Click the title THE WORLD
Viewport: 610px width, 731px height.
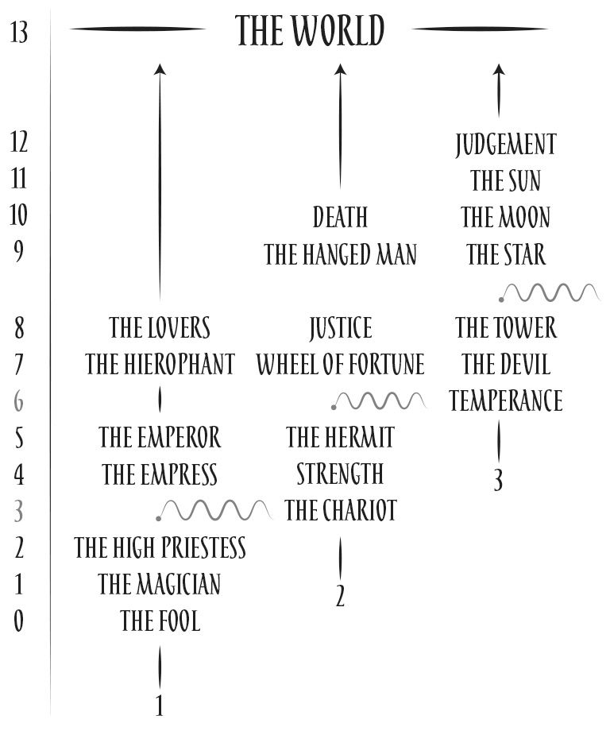tap(310, 30)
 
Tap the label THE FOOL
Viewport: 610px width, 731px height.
tap(160, 621)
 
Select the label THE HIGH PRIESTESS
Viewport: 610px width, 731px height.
tap(160, 547)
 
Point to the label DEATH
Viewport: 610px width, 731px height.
tap(340, 217)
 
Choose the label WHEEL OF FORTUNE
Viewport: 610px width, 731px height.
tap(340, 365)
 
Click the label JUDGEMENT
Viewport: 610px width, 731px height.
tap(506, 145)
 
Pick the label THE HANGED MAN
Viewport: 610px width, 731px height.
tap(340, 254)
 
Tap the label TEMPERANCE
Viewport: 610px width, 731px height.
tap(506, 400)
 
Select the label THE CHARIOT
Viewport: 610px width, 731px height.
tap(340, 510)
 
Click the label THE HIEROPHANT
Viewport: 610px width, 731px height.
tap(160, 365)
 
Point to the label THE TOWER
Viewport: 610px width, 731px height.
tap(506, 327)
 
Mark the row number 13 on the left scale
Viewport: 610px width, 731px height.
tap(20, 34)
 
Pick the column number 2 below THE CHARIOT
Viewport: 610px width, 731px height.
tap(340, 597)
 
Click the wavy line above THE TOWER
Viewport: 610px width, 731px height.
tap(550, 293)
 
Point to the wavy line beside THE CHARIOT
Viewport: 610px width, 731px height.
tap(213, 510)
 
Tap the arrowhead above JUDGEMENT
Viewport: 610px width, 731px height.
tap(499, 70)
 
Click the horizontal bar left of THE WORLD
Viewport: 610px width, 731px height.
tap(137, 29)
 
